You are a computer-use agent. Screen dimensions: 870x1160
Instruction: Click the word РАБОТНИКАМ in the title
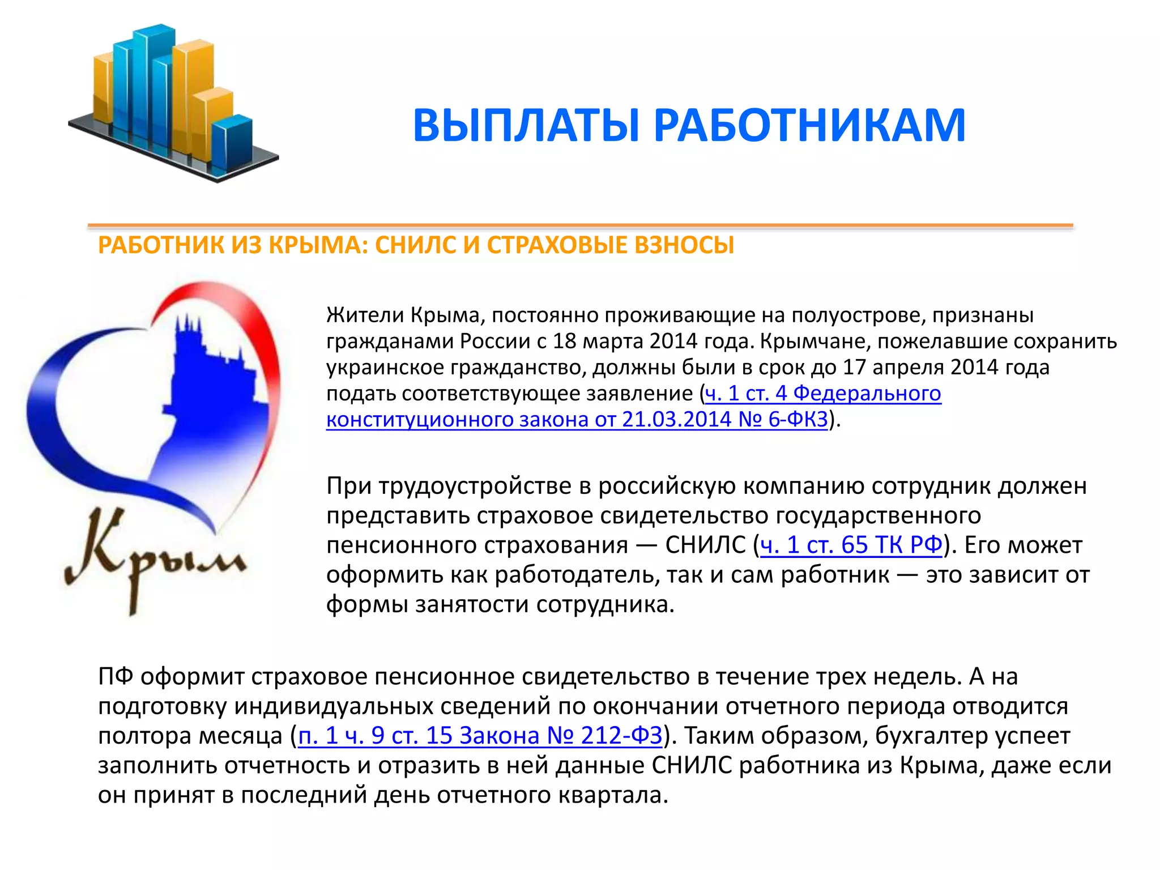pos(809,126)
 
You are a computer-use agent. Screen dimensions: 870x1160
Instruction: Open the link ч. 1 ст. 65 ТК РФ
pos(851,545)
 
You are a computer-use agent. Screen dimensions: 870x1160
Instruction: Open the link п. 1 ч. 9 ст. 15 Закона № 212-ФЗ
pos(480,736)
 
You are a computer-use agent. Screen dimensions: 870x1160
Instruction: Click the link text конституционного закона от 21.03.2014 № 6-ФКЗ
pos(577,420)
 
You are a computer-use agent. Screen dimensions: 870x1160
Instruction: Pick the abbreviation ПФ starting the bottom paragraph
pos(115,677)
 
